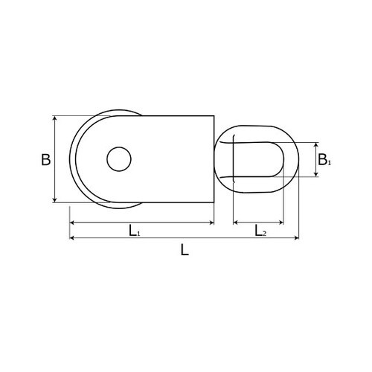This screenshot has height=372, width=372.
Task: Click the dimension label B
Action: pyautogui.click(x=46, y=159)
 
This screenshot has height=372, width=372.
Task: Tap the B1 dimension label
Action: pyautogui.click(x=323, y=159)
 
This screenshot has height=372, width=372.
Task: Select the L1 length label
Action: pyautogui.click(x=134, y=231)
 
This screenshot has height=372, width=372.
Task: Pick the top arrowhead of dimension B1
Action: pyautogui.click(x=316, y=144)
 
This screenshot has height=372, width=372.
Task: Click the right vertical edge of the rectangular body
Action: pyautogui.click(x=214, y=158)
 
